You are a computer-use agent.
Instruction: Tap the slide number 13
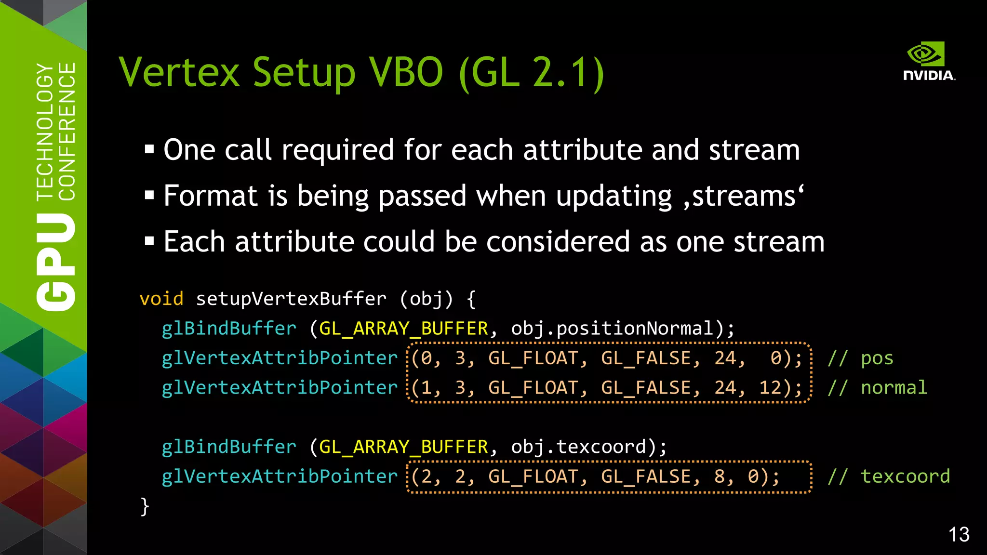click(x=959, y=535)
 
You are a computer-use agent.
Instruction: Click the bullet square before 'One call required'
click(x=149, y=149)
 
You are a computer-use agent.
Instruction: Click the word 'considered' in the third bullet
click(x=558, y=241)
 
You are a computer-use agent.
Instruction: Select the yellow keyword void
click(x=161, y=299)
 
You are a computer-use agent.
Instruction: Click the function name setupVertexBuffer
click(x=291, y=299)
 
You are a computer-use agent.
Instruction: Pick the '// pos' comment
click(x=860, y=358)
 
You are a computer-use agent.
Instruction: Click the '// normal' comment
click(x=877, y=388)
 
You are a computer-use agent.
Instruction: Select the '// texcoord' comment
click(x=889, y=476)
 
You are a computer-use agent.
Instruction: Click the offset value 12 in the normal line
click(x=770, y=388)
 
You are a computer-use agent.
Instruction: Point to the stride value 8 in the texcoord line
click(x=720, y=476)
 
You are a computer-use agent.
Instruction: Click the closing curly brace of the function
click(x=145, y=506)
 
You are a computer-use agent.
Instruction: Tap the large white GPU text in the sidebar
click(x=56, y=263)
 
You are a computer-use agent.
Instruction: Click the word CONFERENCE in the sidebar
click(x=67, y=131)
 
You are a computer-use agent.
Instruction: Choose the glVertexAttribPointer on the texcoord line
click(x=280, y=476)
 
